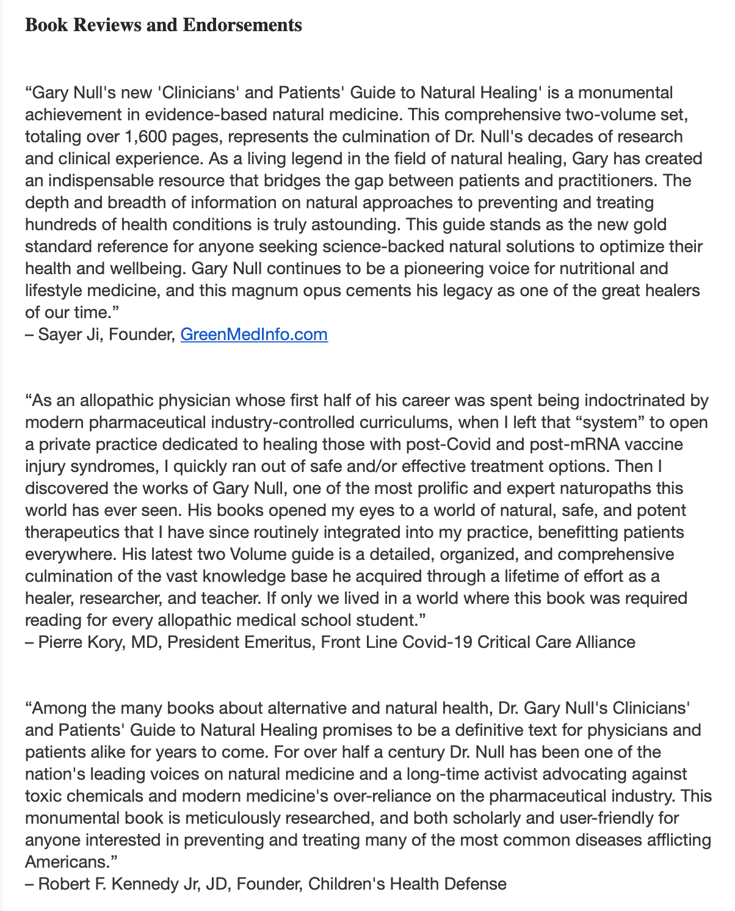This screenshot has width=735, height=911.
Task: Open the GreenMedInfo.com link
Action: [254, 335]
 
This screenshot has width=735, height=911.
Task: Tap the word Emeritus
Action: [278, 642]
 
